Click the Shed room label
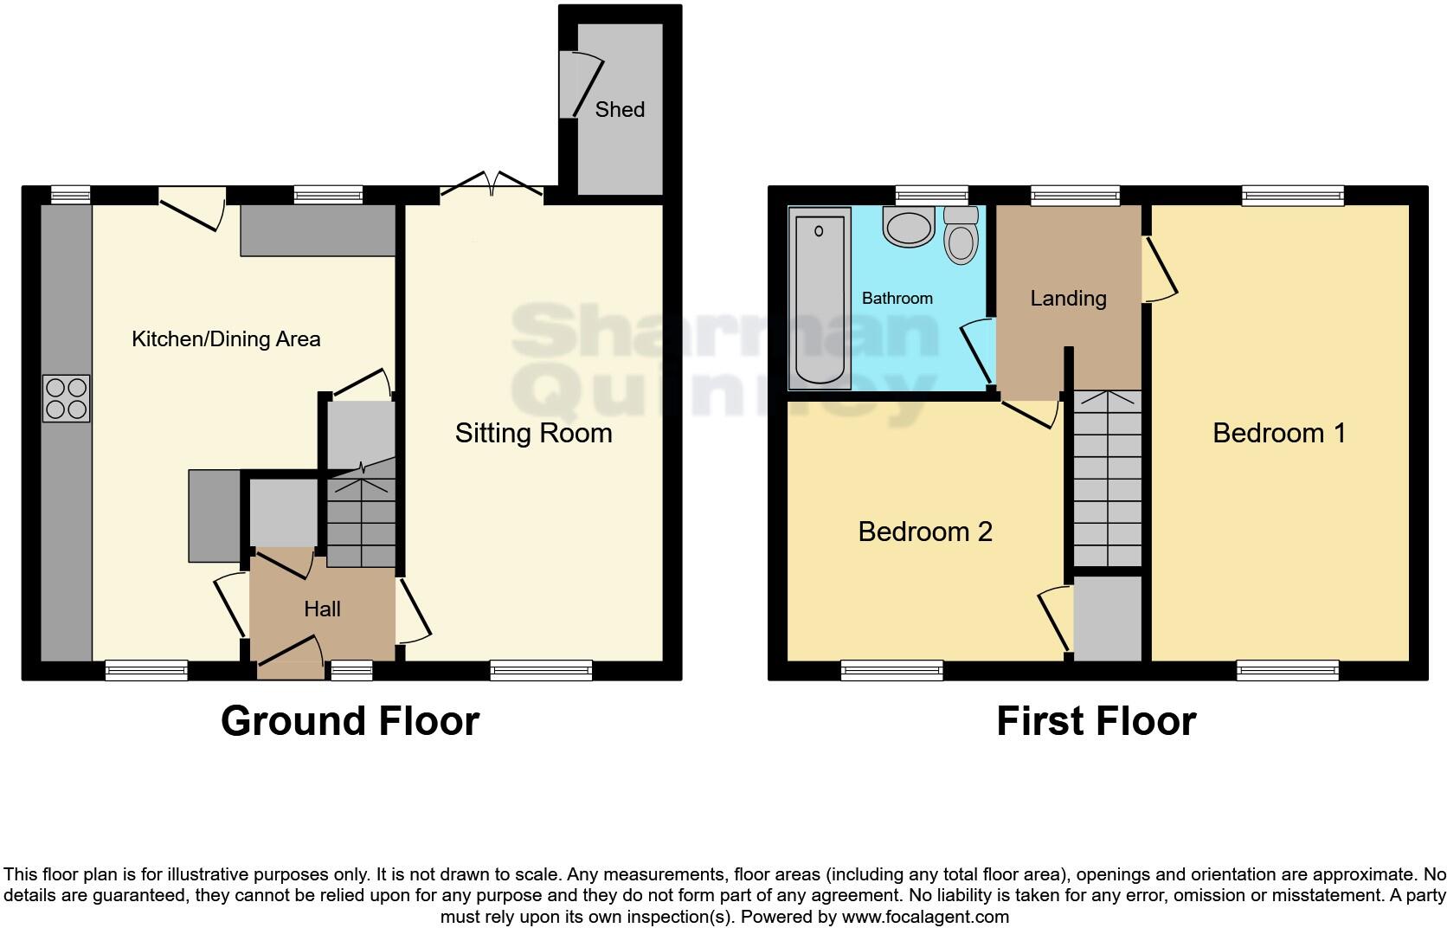point(620,109)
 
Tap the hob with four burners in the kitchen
point(67,398)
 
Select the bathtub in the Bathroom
point(818,299)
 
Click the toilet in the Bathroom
point(960,235)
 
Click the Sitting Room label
point(533,433)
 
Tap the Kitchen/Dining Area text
point(226,338)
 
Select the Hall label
point(322,609)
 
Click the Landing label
point(1068,298)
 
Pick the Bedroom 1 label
point(1279,433)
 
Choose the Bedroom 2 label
point(924,532)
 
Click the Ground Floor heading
point(350,720)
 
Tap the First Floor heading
point(1096,720)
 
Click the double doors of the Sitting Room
point(492,184)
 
